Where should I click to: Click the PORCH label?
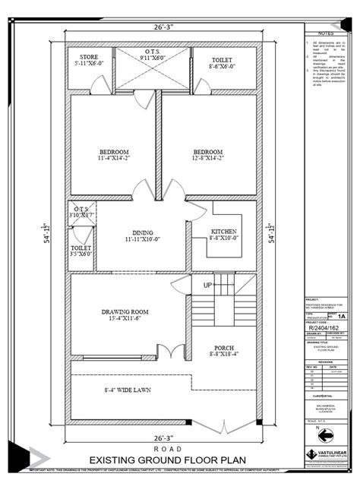tap(223, 349)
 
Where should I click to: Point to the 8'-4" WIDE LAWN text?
tap(126, 392)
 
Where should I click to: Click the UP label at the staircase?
tap(207, 286)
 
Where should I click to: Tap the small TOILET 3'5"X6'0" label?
tap(81, 251)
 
